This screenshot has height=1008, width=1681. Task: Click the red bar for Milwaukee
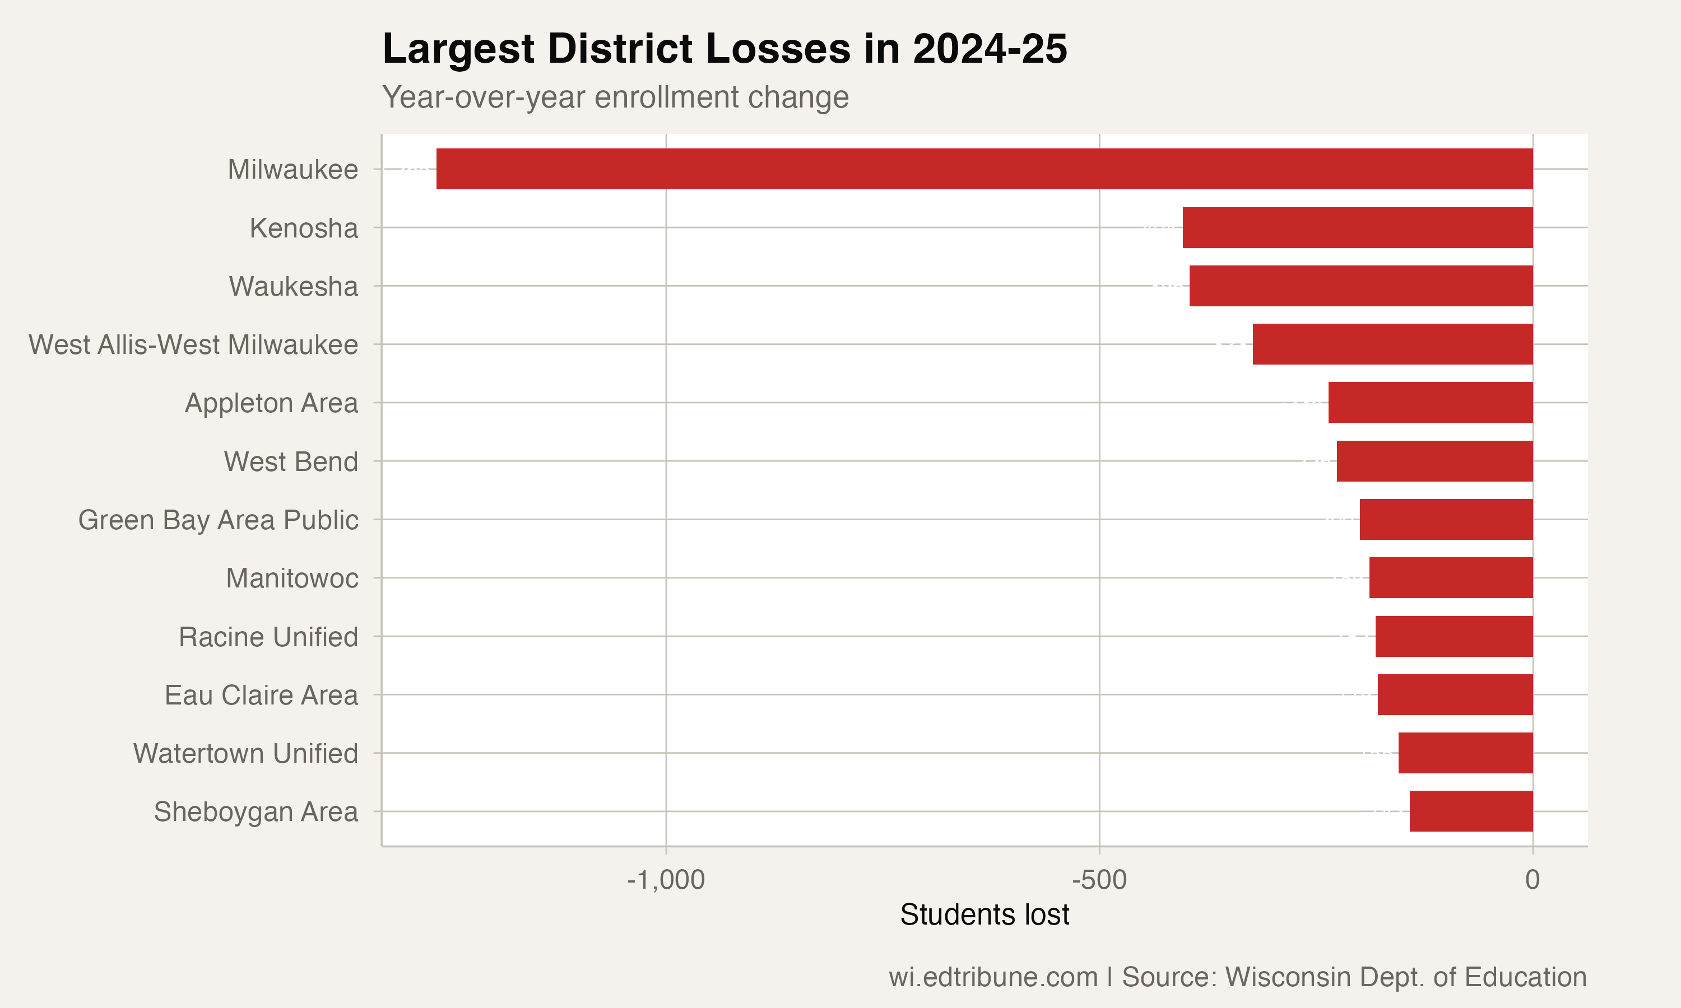(x=984, y=169)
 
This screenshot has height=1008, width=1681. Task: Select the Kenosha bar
(x=1358, y=227)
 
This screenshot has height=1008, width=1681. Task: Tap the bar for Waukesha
(x=1361, y=286)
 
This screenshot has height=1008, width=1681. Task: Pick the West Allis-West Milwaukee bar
(x=1393, y=344)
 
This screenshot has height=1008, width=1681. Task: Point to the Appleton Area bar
(x=1431, y=403)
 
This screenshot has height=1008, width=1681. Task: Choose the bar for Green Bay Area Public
(x=1446, y=520)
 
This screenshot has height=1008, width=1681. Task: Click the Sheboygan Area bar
(x=1471, y=811)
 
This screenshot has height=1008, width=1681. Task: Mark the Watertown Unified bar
(x=1466, y=753)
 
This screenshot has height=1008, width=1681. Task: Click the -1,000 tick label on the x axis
(x=666, y=880)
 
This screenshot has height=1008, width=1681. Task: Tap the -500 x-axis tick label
(x=1099, y=880)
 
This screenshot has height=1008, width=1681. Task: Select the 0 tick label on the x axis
(x=1532, y=880)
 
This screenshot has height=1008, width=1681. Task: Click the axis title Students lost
(x=985, y=915)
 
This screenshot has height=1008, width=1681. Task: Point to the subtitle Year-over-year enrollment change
(x=615, y=97)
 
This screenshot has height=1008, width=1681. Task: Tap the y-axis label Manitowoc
(x=292, y=578)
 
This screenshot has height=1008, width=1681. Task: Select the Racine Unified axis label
(x=268, y=637)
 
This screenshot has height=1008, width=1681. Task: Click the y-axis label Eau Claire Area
(x=261, y=696)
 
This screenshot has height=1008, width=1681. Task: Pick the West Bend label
(x=291, y=462)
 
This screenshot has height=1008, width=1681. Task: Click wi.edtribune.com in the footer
(x=993, y=977)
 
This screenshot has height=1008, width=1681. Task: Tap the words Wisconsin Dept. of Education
(x=1406, y=977)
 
